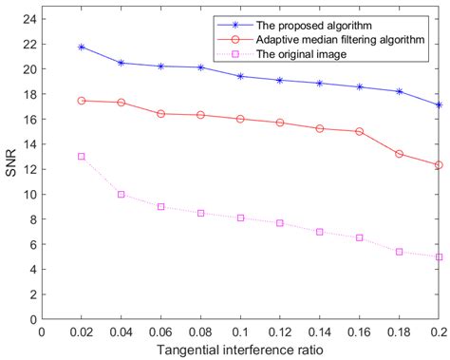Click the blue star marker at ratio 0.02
[x=82, y=47]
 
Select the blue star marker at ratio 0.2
[x=439, y=104]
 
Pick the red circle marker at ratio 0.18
[x=399, y=154]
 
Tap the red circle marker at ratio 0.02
[x=82, y=101]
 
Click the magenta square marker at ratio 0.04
[x=121, y=194]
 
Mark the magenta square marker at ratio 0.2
[x=439, y=256]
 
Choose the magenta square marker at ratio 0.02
[x=82, y=157]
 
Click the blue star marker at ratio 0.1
[x=240, y=76]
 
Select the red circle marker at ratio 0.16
[x=359, y=131]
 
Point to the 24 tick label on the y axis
[x=29, y=19]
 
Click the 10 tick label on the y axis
[x=29, y=194]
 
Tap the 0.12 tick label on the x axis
[x=279, y=332]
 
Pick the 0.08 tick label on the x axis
[x=200, y=332]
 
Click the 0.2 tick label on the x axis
[x=438, y=332]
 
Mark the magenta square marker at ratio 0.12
[x=279, y=223]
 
